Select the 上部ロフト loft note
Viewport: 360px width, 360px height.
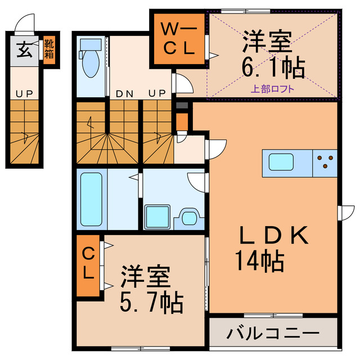[x=272, y=88]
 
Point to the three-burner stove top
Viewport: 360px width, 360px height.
[x=325, y=162]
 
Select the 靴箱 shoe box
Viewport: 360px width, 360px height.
[x=49, y=49]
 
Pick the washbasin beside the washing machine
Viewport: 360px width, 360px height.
[x=190, y=215]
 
